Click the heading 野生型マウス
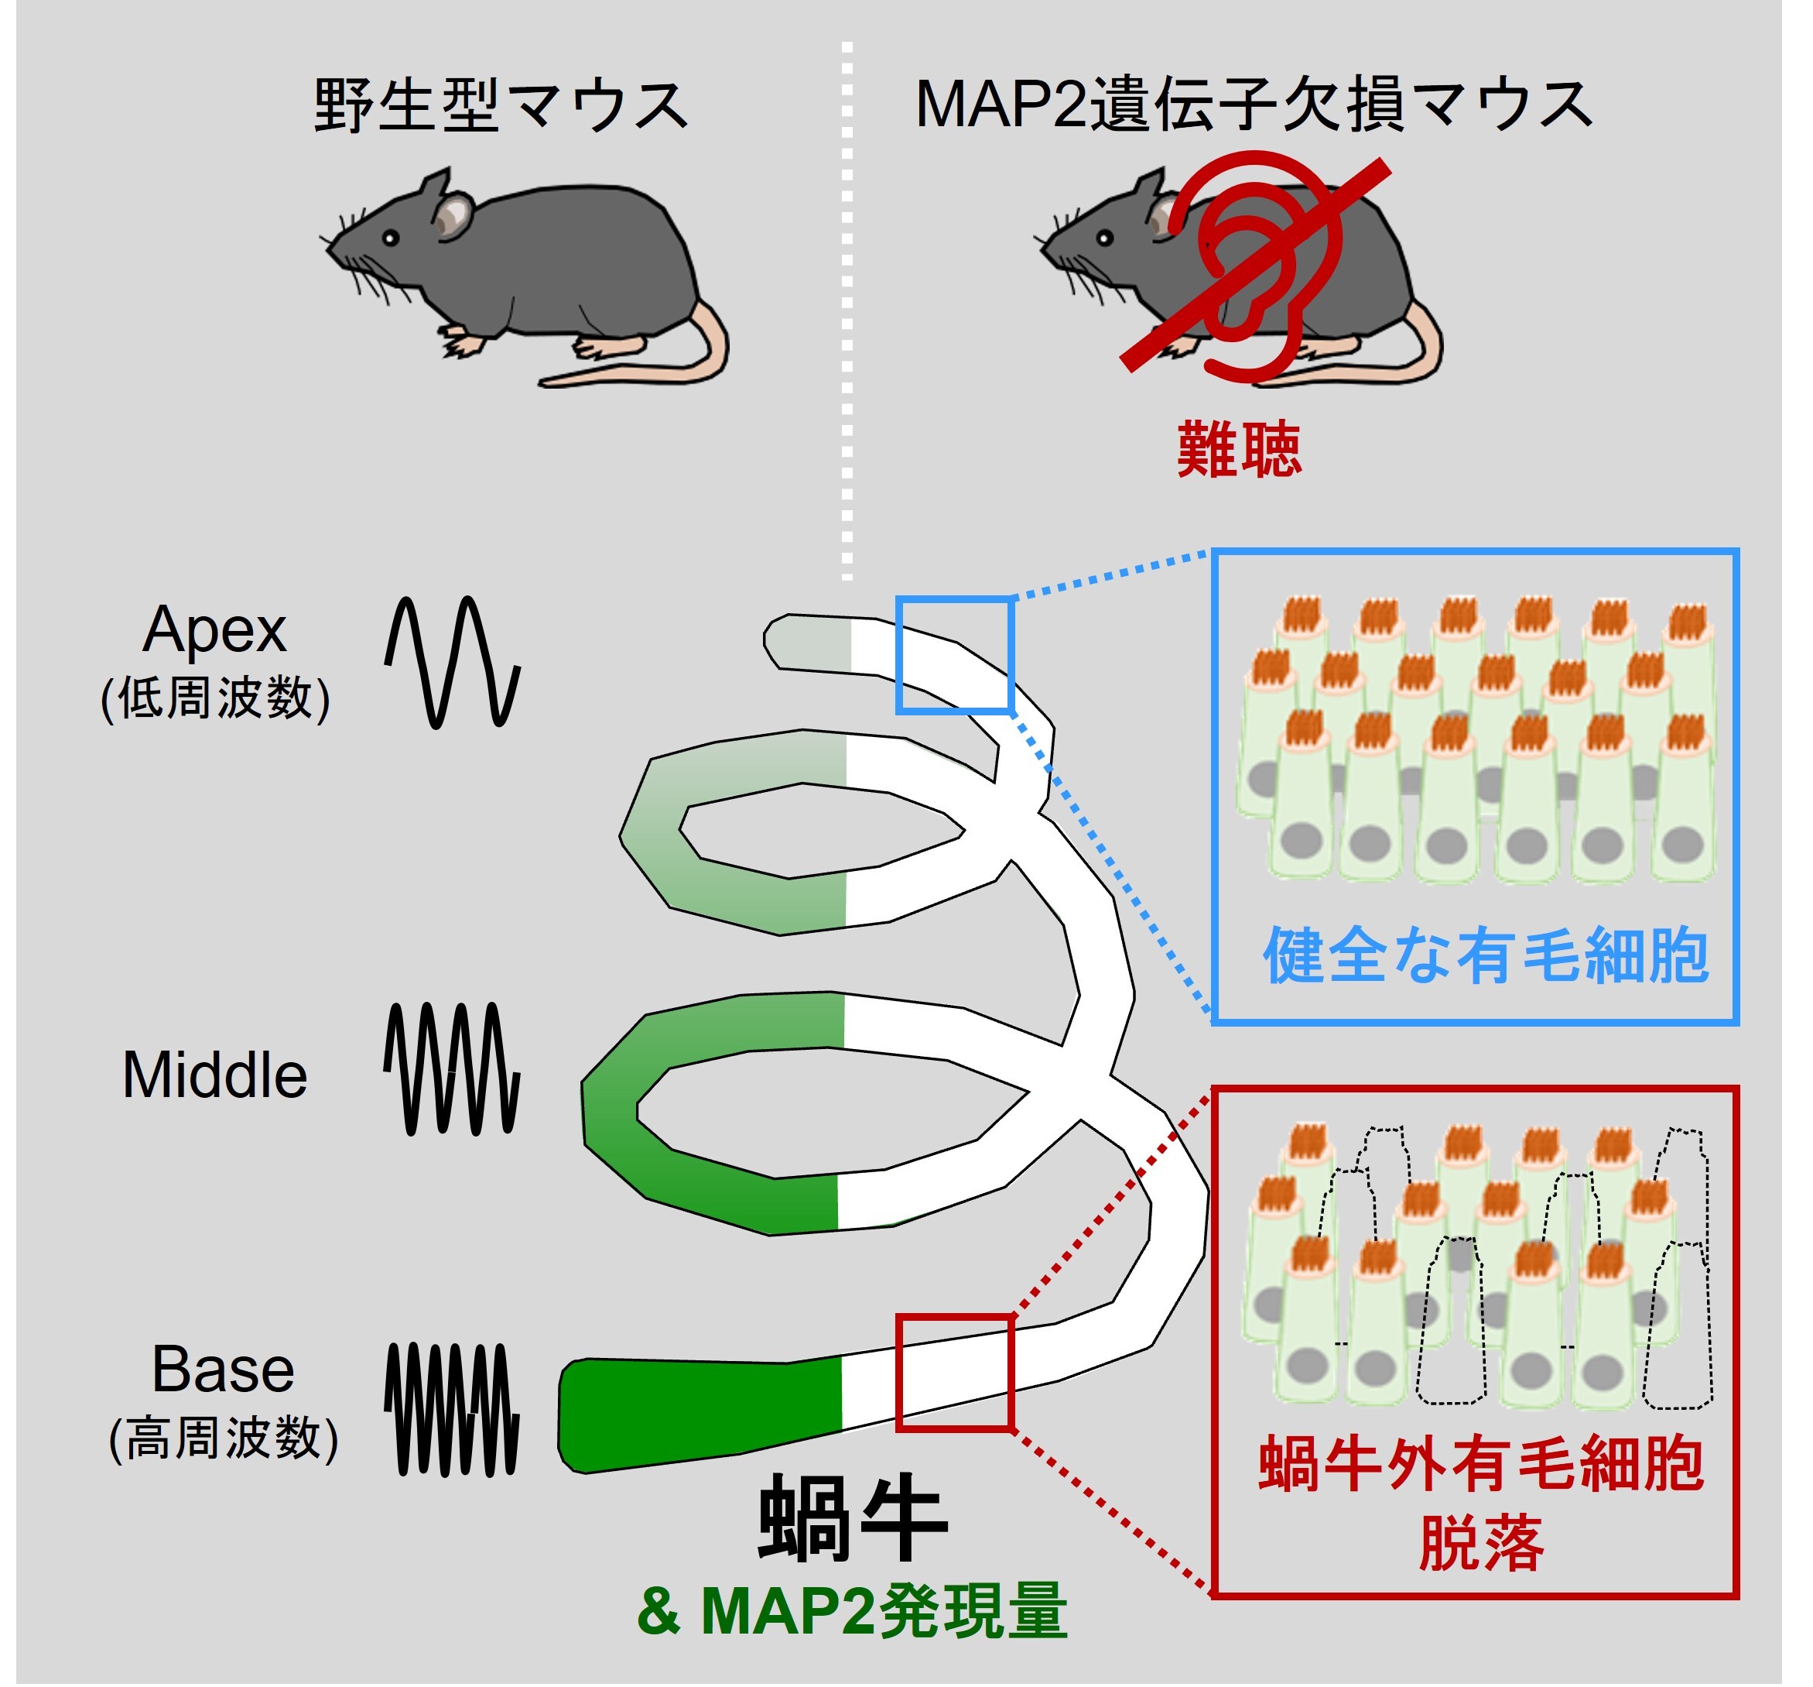(x=500, y=106)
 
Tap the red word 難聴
(x=1237, y=450)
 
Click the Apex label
(x=214, y=629)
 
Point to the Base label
(x=223, y=1370)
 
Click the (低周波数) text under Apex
(x=215, y=699)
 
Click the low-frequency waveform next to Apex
(x=453, y=661)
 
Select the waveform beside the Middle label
(x=453, y=1068)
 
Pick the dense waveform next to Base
(x=453, y=1409)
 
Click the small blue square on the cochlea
(x=955, y=655)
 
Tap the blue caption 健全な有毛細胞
(x=1485, y=955)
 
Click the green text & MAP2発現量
(x=852, y=1612)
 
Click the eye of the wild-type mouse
(x=390, y=238)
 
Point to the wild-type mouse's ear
(x=450, y=215)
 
